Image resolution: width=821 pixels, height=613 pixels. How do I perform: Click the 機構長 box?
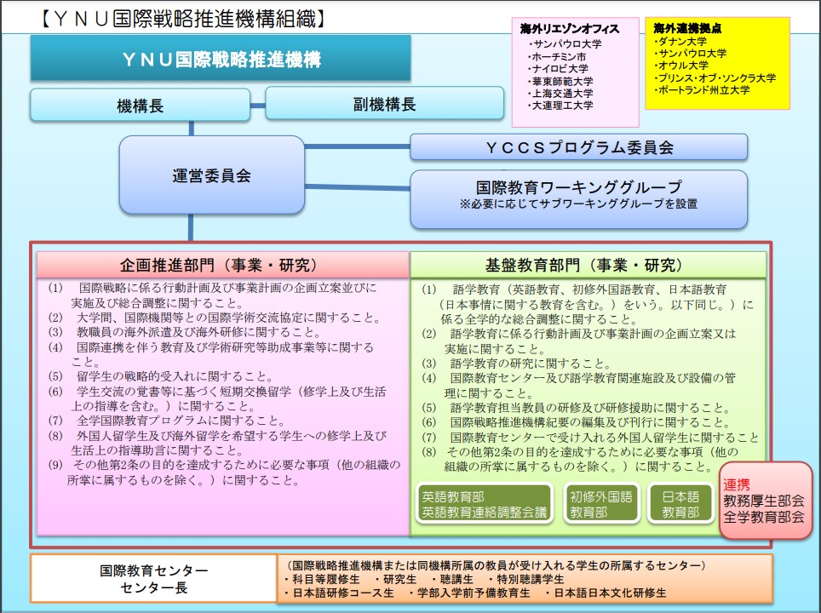(x=140, y=106)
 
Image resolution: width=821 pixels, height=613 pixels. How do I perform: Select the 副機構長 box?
(x=384, y=104)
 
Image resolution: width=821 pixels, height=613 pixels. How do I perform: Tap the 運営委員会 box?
(x=211, y=175)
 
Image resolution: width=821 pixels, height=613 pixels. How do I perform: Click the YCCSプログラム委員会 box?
(x=578, y=147)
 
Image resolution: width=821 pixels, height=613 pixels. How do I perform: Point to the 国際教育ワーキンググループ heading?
(x=578, y=187)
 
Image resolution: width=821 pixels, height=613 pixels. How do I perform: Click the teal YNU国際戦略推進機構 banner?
(x=221, y=59)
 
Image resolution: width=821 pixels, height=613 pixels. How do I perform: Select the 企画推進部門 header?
(x=222, y=265)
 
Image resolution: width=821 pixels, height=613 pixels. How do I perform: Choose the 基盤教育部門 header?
(x=588, y=266)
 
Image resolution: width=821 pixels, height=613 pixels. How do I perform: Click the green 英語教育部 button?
(x=484, y=504)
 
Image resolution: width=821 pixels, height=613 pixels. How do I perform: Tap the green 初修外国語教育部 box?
(x=601, y=504)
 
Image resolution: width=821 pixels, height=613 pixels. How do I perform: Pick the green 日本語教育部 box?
(x=680, y=504)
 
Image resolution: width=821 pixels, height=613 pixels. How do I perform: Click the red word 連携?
(x=736, y=484)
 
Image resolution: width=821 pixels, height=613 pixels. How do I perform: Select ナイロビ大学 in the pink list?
(x=560, y=69)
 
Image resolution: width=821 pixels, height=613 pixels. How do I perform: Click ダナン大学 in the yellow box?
(x=680, y=41)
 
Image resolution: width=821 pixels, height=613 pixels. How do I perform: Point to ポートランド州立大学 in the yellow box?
(x=702, y=90)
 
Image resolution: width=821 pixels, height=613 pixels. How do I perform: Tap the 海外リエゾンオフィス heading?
(x=570, y=29)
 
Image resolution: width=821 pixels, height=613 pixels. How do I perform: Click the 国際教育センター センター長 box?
(x=153, y=578)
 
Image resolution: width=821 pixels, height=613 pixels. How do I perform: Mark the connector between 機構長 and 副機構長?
(x=257, y=106)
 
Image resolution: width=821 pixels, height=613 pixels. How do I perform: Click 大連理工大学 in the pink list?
(x=561, y=106)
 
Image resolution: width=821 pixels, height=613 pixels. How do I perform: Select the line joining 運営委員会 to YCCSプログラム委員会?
(x=357, y=146)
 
